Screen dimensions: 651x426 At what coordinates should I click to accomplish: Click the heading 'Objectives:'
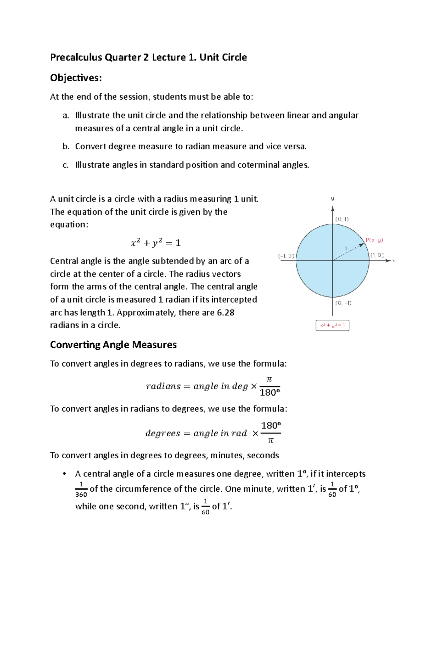[x=76, y=78]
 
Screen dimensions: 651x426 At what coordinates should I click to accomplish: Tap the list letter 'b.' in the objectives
[x=66, y=147]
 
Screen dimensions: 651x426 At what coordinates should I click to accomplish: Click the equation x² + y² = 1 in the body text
[x=155, y=243]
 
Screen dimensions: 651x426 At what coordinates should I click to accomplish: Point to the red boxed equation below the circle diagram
[x=332, y=325]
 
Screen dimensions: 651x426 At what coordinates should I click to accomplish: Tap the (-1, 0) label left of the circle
[x=286, y=256]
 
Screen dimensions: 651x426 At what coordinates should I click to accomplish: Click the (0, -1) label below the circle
[x=343, y=303]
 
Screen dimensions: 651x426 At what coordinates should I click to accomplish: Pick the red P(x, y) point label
[x=374, y=240]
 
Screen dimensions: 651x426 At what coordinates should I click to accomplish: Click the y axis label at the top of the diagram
[x=333, y=199]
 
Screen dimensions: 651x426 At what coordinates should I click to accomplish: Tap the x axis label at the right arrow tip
[x=393, y=261]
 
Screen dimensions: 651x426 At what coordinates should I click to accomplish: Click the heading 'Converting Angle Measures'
[x=113, y=345]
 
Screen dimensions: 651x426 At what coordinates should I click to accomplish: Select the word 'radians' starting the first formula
[x=163, y=386]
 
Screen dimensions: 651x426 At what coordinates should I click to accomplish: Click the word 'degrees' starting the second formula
[x=163, y=434]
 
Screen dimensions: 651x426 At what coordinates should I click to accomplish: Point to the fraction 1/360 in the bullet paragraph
[x=81, y=490]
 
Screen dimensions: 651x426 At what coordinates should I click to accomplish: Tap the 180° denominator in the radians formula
[x=270, y=393]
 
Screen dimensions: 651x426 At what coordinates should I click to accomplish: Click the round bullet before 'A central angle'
[x=64, y=474]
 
